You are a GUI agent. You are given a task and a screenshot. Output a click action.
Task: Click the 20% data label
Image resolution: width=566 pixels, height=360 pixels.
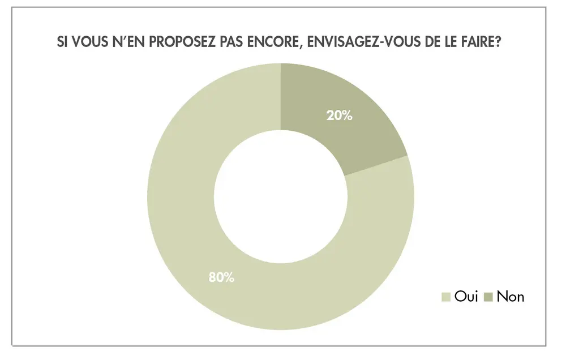pos(339,115)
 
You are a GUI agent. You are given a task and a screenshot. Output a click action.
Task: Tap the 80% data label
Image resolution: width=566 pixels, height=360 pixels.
pos(221,277)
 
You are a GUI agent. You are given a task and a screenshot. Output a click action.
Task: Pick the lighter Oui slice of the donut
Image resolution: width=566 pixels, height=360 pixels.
pos(187,226)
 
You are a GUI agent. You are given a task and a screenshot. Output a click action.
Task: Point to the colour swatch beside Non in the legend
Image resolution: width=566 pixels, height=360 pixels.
pos(490,297)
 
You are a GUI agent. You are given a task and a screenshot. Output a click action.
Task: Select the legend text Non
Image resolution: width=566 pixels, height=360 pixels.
pos(511,296)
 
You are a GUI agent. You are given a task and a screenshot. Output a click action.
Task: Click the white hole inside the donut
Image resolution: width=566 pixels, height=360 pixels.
pos(281,196)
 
